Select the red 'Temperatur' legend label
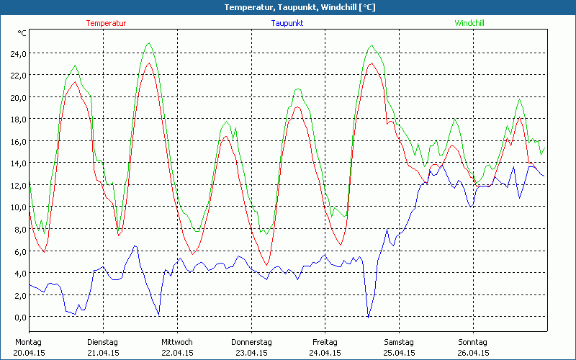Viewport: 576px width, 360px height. [106, 23]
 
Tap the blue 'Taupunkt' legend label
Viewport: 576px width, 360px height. [287, 23]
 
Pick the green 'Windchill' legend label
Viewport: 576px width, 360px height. [469, 23]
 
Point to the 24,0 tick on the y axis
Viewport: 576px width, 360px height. [17, 53]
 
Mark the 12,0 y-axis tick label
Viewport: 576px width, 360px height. [17, 185]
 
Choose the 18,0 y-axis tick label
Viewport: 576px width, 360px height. [17, 119]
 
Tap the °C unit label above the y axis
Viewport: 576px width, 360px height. [22, 33]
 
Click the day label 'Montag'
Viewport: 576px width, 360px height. [29, 342]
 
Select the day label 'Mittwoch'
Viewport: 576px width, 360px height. [177, 342]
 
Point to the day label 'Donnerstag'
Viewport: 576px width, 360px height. [251, 342]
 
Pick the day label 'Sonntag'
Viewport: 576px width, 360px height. [473, 342]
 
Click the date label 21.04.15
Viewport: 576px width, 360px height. [103, 353]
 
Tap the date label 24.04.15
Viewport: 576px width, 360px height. [325, 353]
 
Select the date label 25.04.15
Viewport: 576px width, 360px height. [399, 353]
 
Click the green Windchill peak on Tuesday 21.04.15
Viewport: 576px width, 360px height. [149, 43]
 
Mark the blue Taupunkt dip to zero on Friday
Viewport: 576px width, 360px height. [369, 317]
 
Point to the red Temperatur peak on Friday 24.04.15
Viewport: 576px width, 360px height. [372, 63]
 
